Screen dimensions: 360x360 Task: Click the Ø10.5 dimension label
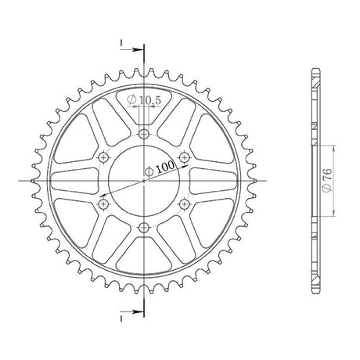pos(144,100)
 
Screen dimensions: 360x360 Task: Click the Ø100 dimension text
pos(160,168)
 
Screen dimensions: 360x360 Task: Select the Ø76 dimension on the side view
pos(327,180)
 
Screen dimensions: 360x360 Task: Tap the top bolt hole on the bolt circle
pos(143,134)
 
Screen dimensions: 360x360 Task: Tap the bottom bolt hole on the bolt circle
pos(143,228)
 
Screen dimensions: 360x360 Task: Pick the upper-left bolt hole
pos(103,157)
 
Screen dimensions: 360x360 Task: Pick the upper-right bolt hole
pos(184,157)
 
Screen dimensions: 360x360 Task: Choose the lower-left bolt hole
pos(103,204)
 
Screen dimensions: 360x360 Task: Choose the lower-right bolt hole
pos(184,204)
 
